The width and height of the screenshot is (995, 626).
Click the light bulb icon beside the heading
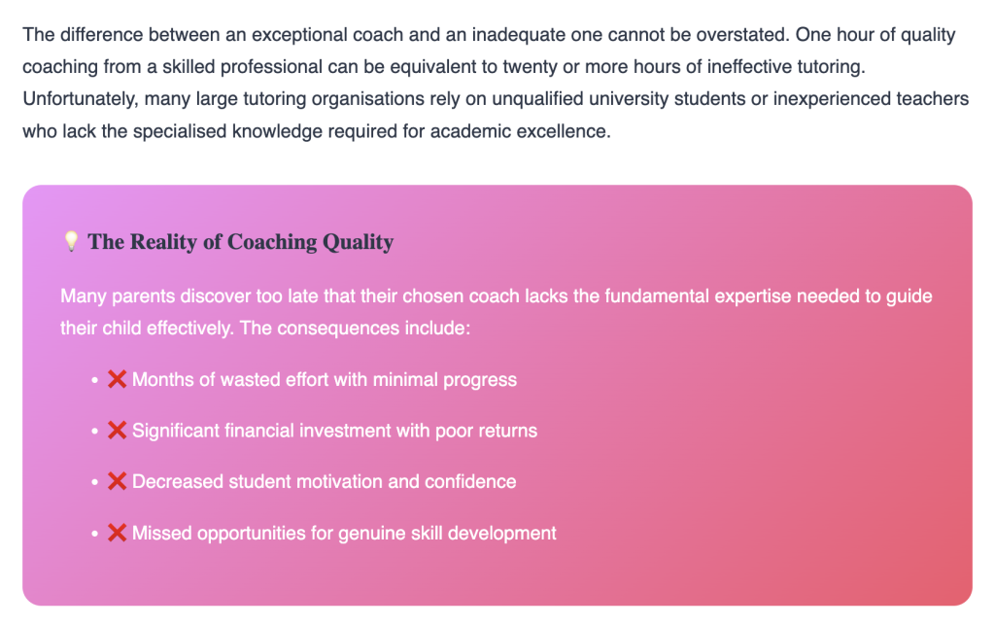pos(71,241)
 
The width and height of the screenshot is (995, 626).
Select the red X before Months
pos(117,380)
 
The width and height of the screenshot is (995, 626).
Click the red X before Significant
pos(117,431)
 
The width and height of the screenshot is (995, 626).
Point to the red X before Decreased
pos(117,481)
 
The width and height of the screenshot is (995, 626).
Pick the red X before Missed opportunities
pos(117,533)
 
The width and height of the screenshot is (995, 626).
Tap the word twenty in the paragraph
pos(530,67)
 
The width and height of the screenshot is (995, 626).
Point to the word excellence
pos(563,131)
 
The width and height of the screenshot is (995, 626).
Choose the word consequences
pos(338,329)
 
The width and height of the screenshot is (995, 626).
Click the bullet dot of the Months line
pos(94,380)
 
